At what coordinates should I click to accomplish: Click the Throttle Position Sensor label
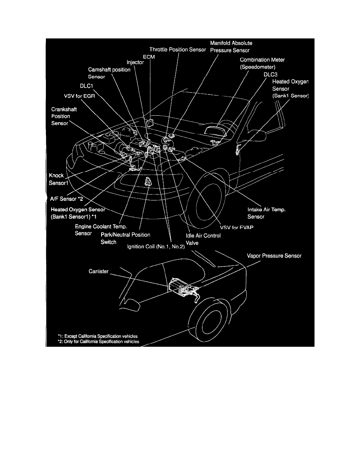(x=177, y=49)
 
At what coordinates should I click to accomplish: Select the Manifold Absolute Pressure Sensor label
(x=231, y=46)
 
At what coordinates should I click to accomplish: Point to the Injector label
(x=135, y=62)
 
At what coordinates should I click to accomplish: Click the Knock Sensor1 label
(x=56, y=179)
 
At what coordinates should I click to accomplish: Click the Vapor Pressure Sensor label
(x=274, y=255)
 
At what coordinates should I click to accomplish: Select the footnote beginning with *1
(x=98, y=336)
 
